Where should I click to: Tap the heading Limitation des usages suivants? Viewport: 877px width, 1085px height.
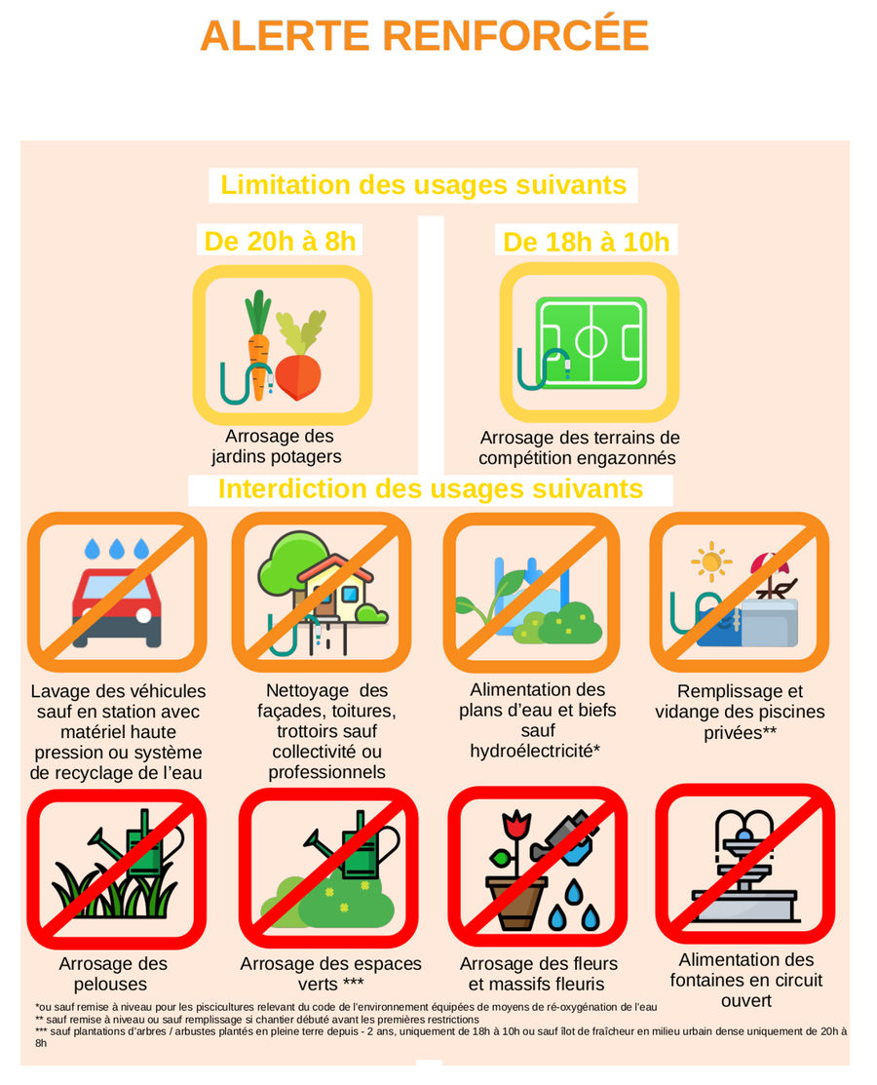[x=423, y=185]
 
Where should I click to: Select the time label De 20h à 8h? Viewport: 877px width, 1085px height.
[x=280, y=241]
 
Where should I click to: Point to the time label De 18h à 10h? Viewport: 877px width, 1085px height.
[x=586, y=242]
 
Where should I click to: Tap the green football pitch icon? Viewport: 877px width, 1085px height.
[x=591, y=342]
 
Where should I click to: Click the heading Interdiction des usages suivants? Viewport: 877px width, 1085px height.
[x=430, y=488]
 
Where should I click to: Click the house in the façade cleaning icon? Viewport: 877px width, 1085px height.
[x=335, y=587]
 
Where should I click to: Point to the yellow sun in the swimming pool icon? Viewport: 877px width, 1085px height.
[x=710, y=562]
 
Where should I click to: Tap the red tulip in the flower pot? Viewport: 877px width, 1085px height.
[x=515, y=826]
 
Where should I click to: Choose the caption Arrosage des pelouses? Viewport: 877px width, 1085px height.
[x=112, y=974]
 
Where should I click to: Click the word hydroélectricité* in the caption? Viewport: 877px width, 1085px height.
[x=535, y=751]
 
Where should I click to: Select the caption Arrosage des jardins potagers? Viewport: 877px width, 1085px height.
[x=278, y=446]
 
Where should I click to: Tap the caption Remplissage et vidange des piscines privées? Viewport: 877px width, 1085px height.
[x=740, y=712]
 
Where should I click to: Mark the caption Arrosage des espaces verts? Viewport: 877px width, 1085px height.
[x=330, y=974]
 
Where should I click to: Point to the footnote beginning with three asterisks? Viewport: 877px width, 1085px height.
[x=440, y=1036]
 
